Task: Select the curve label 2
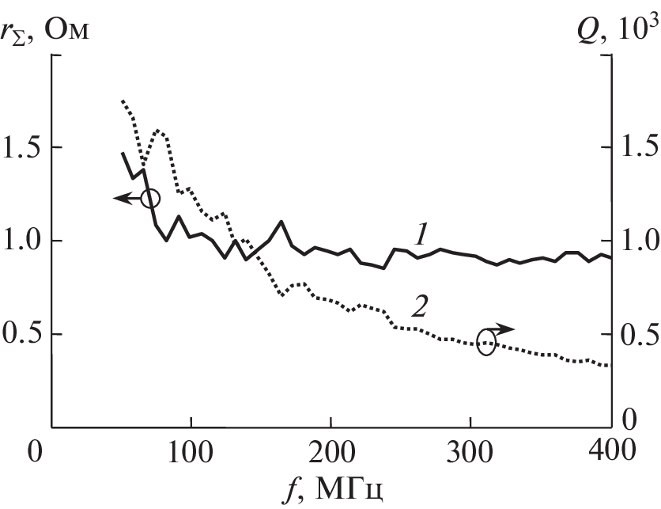tap(420, 307)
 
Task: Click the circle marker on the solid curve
tap(150, 198)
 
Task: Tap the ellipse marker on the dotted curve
tap(487, 342)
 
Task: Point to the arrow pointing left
tap(124, 199)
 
